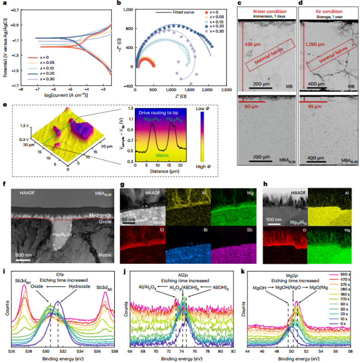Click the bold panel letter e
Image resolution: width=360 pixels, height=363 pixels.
click(x=5, y=105)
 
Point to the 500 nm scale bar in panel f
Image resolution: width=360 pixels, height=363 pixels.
click(x=19, y=260)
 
